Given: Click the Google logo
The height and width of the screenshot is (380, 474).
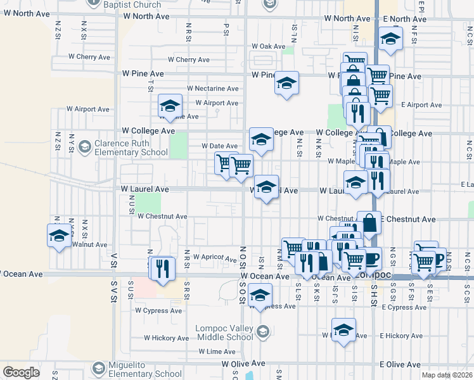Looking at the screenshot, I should [x=22, y=372].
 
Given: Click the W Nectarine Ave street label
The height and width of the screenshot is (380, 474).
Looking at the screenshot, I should [x=212, y=89].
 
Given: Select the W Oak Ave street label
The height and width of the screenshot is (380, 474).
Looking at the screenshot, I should [x=269, y=46].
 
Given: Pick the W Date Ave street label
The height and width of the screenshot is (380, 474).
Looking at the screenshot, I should [x=219, y=146].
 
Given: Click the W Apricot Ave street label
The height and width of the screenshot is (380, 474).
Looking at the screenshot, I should [x=214, y=256].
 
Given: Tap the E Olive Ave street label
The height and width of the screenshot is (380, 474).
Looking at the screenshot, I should [x=400, y=365].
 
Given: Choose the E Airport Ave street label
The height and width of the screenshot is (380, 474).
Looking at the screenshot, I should [x=416, y=105].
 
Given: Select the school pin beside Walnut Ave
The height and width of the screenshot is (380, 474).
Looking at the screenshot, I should [x=59, y=236].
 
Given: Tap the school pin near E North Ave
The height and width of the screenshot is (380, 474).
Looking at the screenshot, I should [x=391, y=39].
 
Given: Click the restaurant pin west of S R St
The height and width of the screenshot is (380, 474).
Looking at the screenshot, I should [x=164, y=268].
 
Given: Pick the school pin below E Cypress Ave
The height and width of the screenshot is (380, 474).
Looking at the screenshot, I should [x=344, y=331].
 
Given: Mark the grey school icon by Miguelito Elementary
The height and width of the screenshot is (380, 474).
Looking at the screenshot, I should [x=98, y=368].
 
